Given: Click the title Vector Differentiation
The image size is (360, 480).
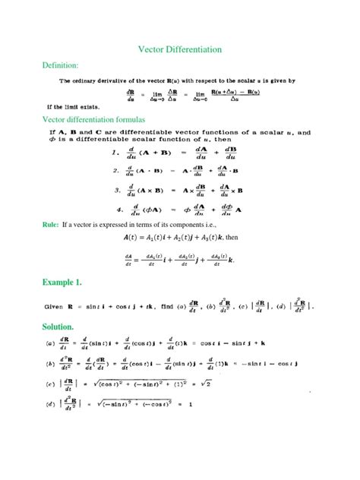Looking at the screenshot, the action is pyautogui.click(x=179, y=49).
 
